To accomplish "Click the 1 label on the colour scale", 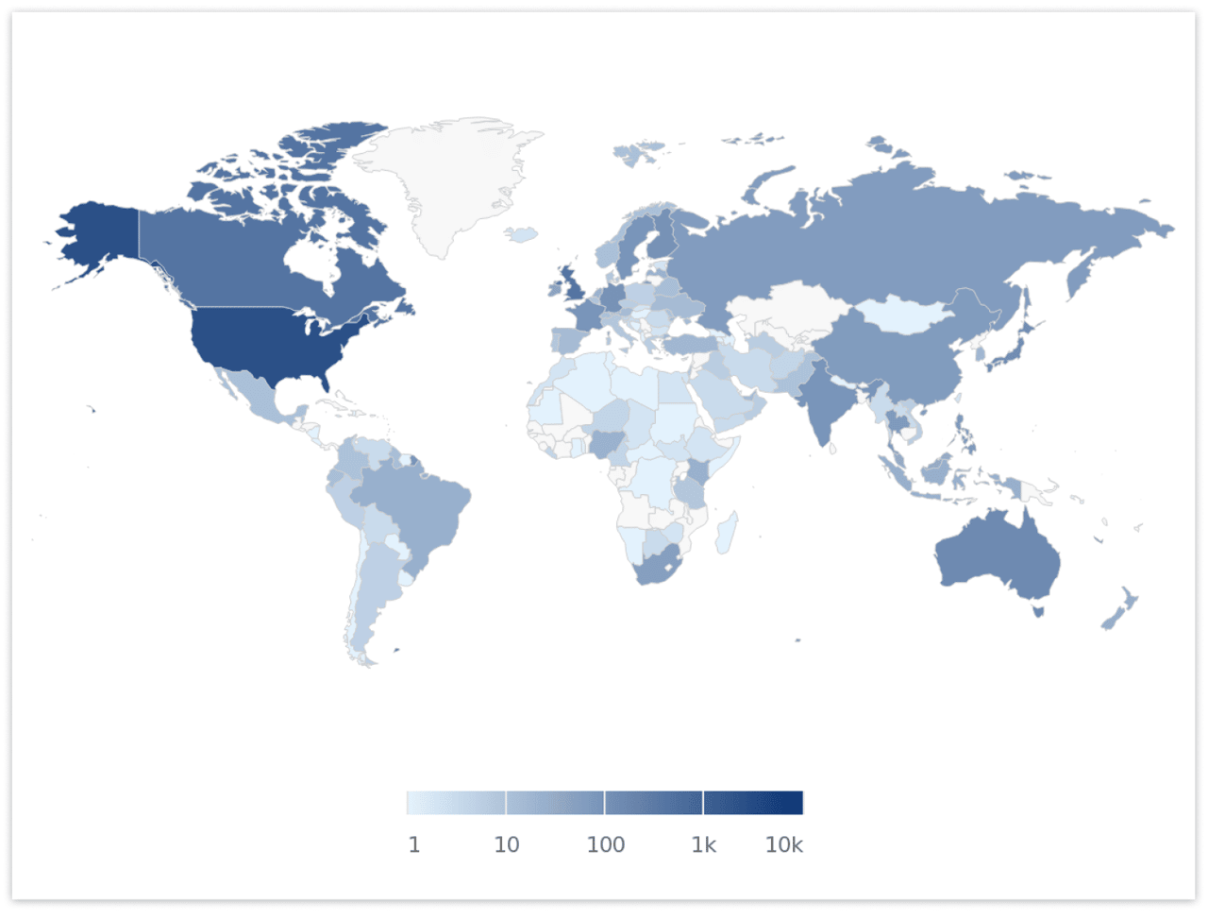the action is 413,844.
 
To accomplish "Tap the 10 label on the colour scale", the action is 507,844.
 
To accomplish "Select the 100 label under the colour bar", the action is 605,844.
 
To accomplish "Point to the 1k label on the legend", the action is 704,844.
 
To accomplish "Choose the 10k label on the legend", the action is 783,844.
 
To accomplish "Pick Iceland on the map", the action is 521,233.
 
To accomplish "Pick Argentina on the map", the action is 368,595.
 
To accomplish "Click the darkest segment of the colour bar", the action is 753,803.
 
